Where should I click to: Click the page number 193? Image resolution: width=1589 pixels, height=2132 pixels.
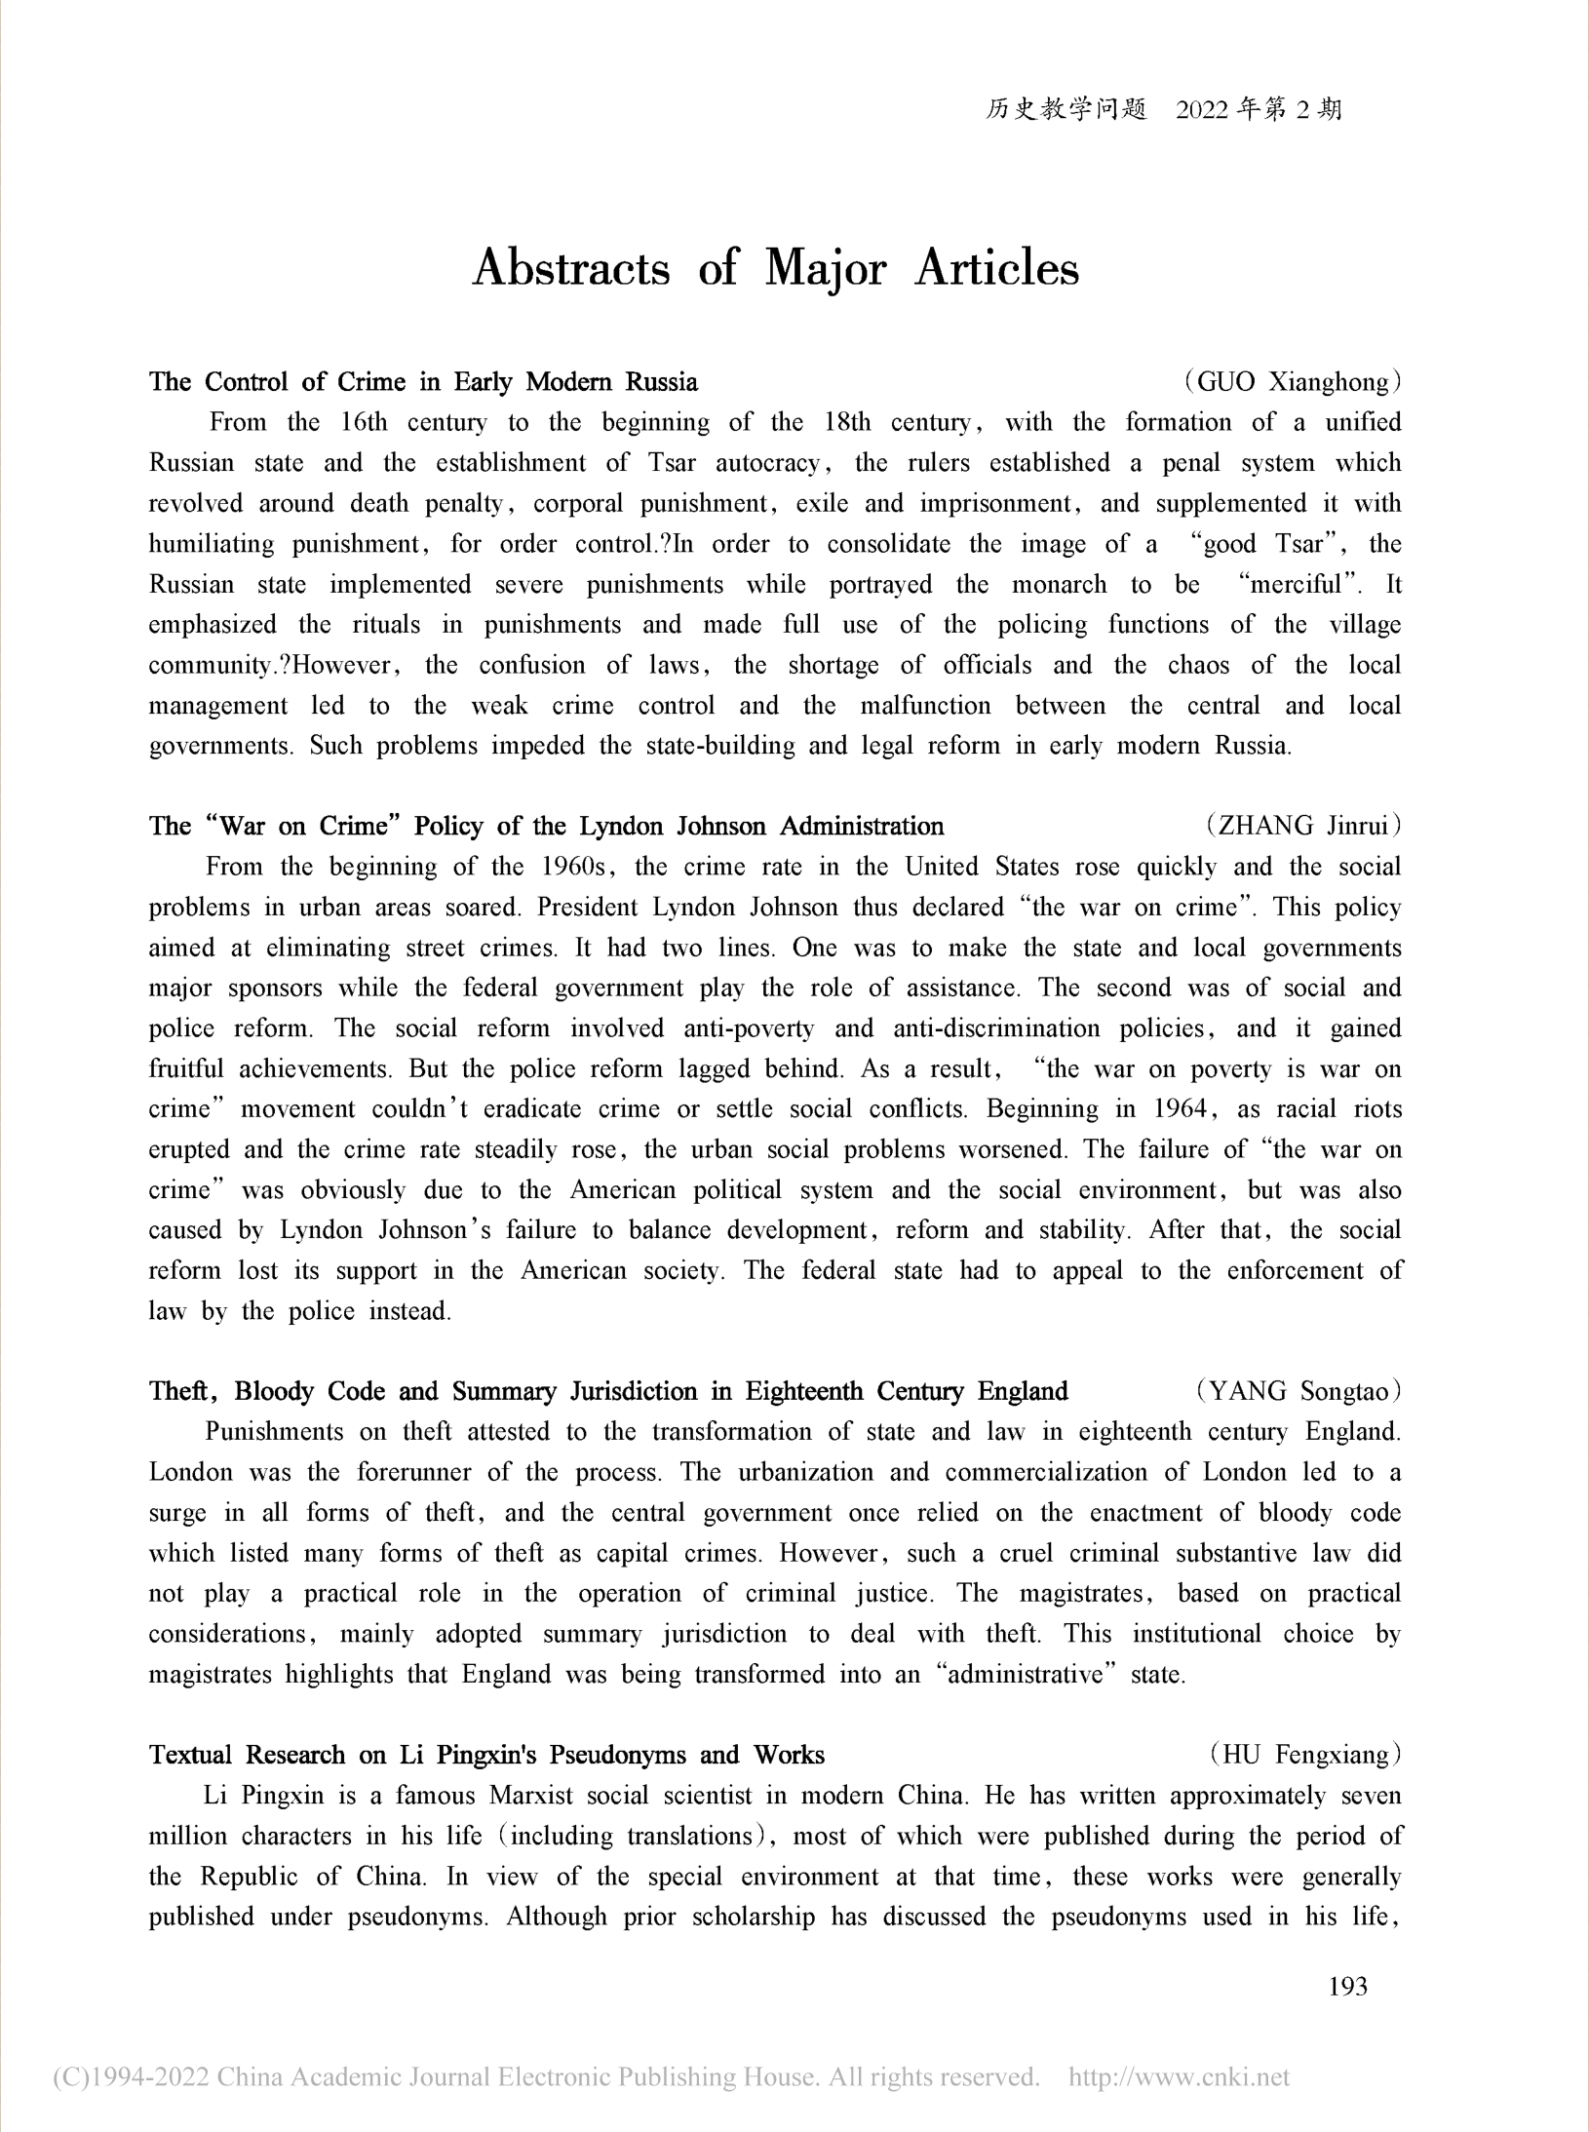1348,1986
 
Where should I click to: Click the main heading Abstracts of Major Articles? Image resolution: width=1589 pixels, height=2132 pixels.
776,268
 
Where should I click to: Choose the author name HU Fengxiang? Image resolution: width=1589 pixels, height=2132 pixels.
1305,1755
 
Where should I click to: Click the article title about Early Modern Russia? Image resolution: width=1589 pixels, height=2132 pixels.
423,381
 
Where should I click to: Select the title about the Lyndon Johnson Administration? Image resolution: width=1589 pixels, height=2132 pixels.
546,826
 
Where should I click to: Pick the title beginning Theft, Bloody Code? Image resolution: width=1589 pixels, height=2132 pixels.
608,1391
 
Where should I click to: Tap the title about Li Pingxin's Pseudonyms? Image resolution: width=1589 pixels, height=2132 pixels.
486,1755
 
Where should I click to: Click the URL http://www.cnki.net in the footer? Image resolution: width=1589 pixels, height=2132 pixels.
1179,2076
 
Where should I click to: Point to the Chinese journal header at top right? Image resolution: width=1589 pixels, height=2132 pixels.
1163,109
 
